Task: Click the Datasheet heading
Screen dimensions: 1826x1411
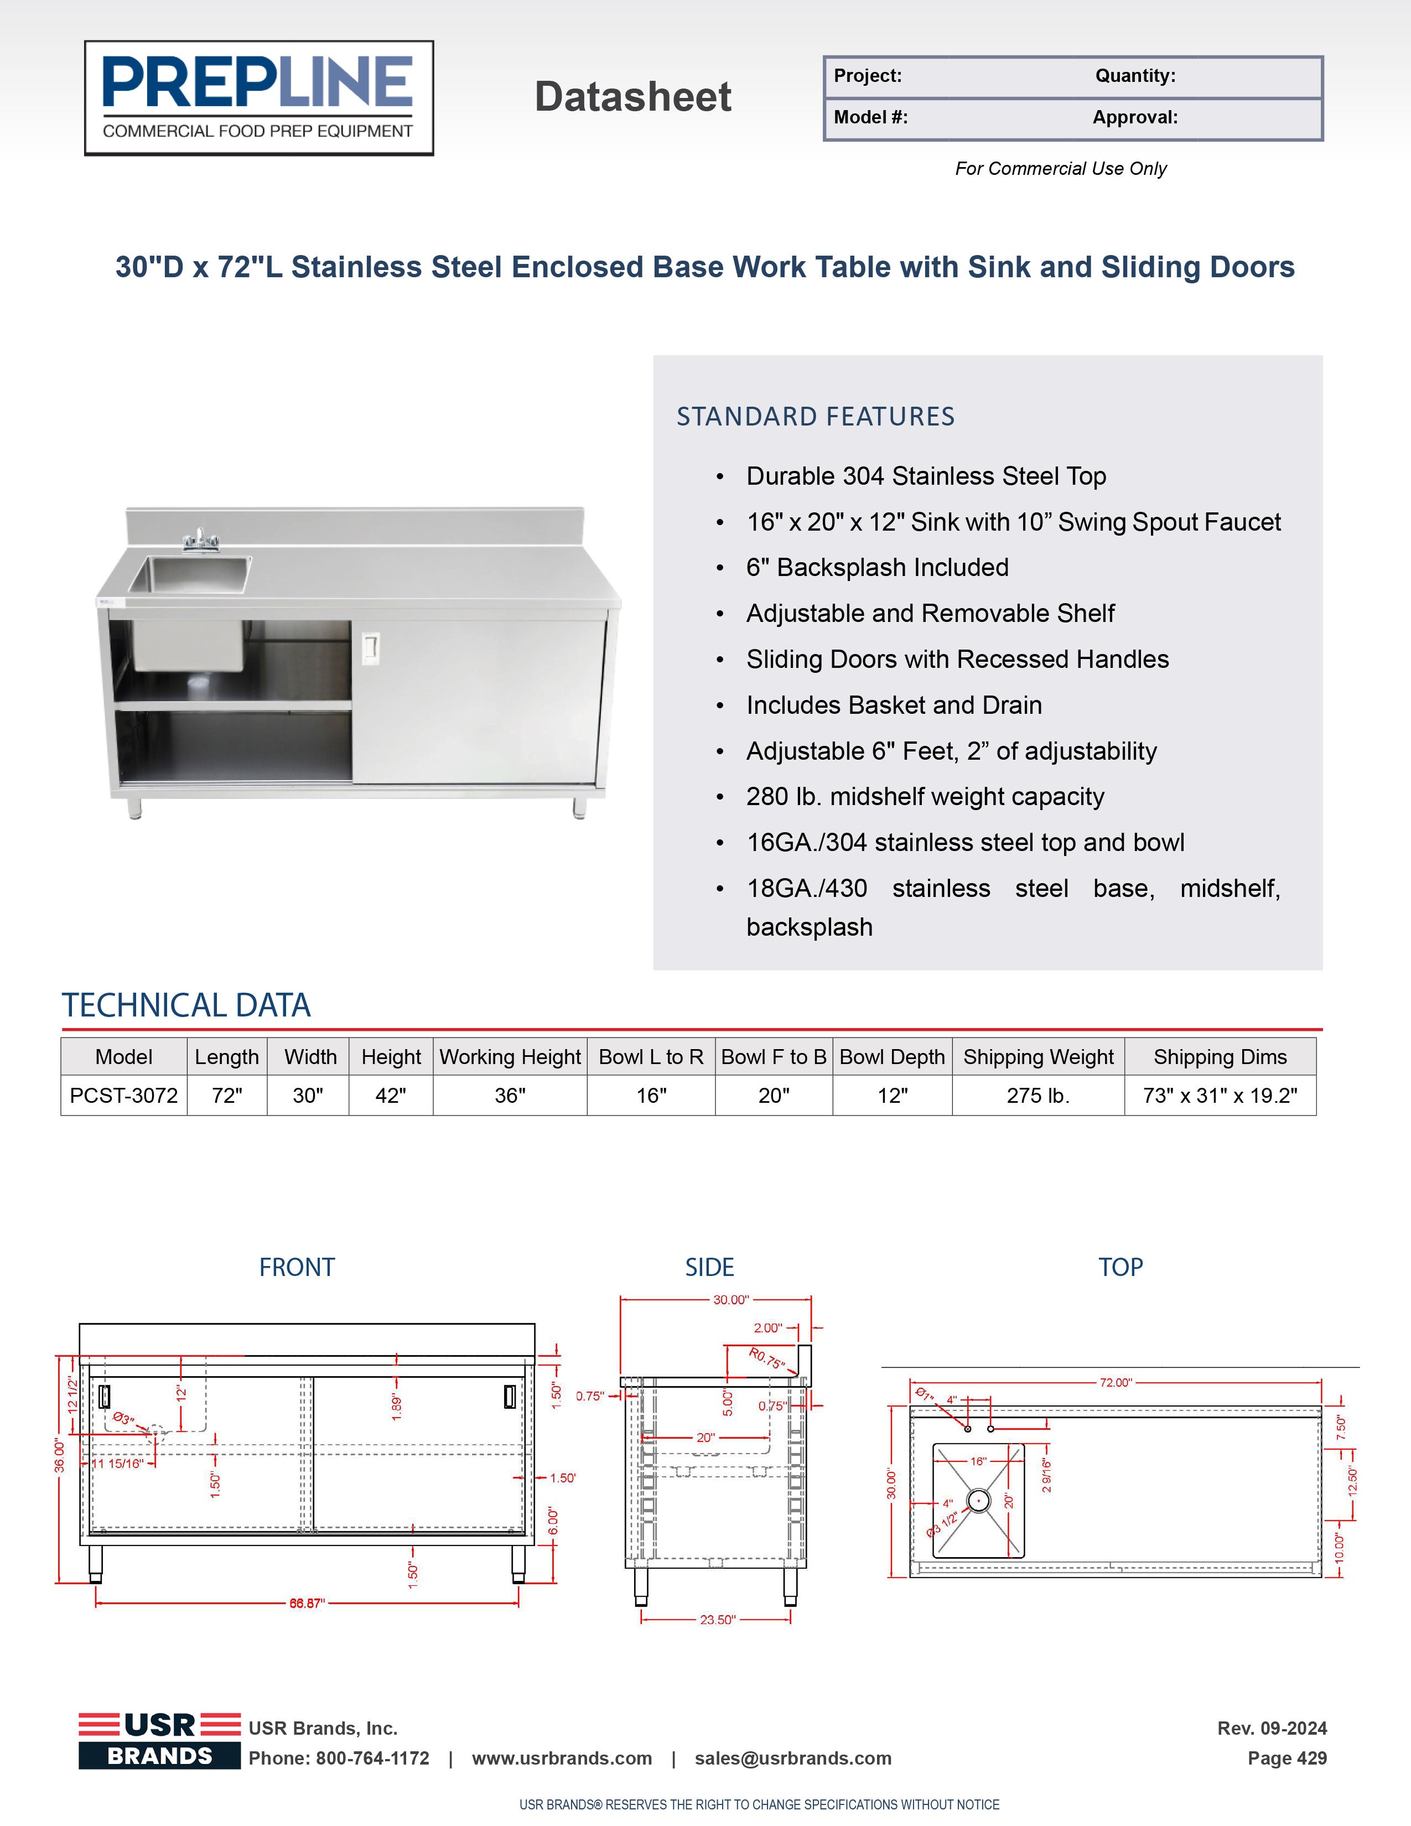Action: click(633, 97)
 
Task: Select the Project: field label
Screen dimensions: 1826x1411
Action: click(868, 76)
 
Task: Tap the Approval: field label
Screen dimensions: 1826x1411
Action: click(1134, 117)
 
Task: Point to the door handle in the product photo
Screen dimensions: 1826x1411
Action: click(370, 648)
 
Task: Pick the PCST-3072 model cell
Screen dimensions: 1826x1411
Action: click(124, 1095)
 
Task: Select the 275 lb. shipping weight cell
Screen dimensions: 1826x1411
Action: click(1037, 1095)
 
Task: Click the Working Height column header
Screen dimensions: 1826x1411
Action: click(510, 1057)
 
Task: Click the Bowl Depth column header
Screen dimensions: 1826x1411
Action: click(892, 1057)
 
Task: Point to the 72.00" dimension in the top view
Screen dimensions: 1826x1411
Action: click(1115, 1383)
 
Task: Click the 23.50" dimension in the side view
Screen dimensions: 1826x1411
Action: click(717, 1620)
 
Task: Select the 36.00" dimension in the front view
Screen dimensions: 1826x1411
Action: click(59, 1456)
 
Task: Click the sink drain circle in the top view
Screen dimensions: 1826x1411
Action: click(978, 1501)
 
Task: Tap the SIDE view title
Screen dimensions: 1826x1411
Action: click(709, 1268)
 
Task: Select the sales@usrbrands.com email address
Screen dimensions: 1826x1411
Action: click(792, 1758)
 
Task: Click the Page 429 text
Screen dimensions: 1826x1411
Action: click(1286, 1758)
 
